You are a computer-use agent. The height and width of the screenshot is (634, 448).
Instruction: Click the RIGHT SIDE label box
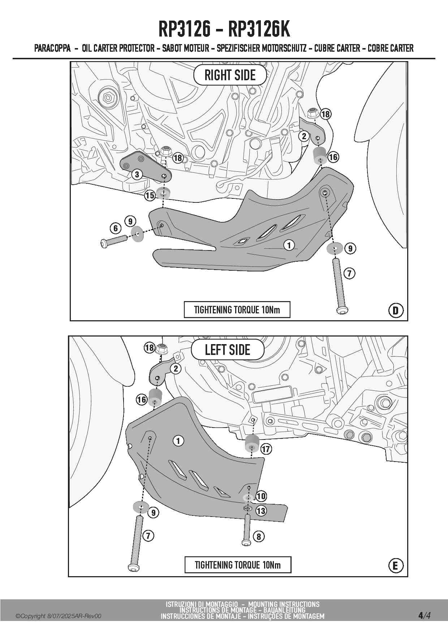230,75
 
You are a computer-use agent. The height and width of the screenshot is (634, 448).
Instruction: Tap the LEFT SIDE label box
227,350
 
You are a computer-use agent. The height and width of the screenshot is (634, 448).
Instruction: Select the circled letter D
396,310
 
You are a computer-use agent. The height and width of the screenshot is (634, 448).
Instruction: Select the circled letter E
395,566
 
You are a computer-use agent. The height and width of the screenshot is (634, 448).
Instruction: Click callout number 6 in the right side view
116,228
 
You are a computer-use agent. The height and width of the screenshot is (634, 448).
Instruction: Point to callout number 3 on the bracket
137,175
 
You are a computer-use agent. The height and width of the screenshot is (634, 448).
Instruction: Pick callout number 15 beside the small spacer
150,196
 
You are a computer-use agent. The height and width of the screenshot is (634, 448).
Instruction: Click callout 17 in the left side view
266,449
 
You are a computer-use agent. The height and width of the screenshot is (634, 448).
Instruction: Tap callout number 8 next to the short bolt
259,536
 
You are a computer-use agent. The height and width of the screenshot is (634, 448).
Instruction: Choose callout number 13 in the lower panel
261,511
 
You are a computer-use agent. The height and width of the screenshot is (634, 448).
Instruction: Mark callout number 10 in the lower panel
261,496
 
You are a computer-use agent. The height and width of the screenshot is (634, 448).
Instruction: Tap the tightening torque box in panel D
237,310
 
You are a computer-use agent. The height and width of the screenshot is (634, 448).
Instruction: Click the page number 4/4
424,615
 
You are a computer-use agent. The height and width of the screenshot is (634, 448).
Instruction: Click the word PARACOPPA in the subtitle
52,48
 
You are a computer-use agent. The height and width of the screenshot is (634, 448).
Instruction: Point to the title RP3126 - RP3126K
224,29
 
